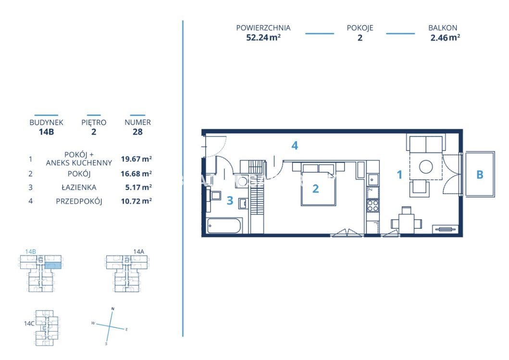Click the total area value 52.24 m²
(x=263, y=37)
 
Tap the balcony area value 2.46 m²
(x=445, y=37)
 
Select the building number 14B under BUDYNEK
(x=47, y=132)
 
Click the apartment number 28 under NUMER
(x=137, y=132)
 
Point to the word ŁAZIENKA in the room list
(x=79, y=187)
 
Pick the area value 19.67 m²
(x=137, y=159)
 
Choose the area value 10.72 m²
(x=137, y=201)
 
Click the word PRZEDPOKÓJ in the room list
(x=79, y=201)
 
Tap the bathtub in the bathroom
(x=224, y=225)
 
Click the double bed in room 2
(x=318, y=185)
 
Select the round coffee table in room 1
(x=426, y=167)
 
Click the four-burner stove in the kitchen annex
(x=372, y=206)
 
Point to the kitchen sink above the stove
(x=372, y=179)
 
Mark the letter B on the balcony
(x=480, y=174)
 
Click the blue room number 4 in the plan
(x=295, y=146)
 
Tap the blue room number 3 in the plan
(x=230, y=200)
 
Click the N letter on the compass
(x=112, y=309)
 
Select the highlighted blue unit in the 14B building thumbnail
(x=52, y=265)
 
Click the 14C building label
(x=29, y=323)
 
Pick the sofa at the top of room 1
(x=426, y=144)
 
